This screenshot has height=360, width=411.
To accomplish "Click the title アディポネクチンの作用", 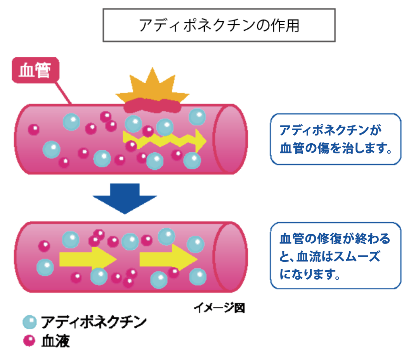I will click(x=219, y=25).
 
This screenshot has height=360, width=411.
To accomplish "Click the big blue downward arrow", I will click(x=124, y=198).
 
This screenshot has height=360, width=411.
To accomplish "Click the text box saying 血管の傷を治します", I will click(x=335, y=139).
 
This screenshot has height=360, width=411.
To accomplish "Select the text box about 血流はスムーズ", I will click(x=335, y=256).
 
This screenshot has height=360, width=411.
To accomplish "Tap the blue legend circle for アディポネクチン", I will click(x=29, y=322).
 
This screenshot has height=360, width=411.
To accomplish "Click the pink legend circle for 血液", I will click(x=29, y=341).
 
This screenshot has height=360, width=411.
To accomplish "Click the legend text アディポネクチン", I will click(x=94, y=322).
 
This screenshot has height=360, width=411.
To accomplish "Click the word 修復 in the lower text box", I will click(x=329, y=239).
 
